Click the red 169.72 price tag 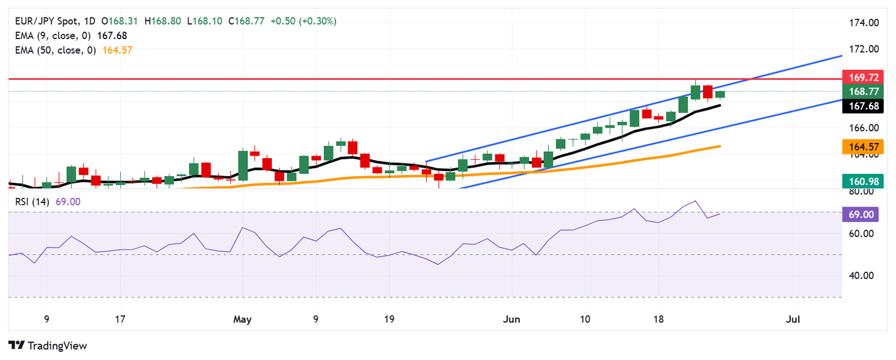[x=863, y=77]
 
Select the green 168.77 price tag [x=863, y=92]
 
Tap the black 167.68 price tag [x=863, y=106]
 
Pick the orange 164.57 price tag [x=863, y=146]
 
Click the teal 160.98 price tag [x=863, y=181]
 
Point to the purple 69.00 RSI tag [x=860, y=215]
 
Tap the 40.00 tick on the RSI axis [x=860, y=275]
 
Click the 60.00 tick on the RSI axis [x=860, y=233]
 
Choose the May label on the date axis [x=242, y=320]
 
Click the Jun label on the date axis [x=512, y=320]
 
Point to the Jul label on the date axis [x=793, y=320]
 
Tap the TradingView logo [x=48, y=345]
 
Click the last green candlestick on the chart [x=720, y=95]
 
